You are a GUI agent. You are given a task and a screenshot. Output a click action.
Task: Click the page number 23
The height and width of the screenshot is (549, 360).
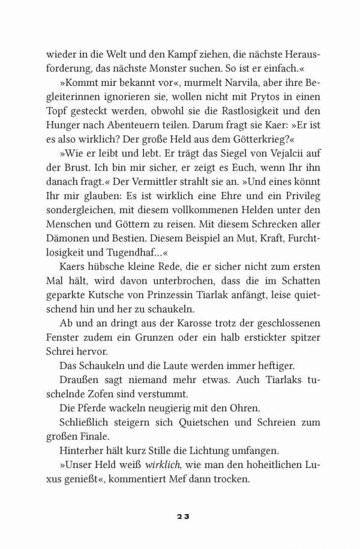pyautogui.click(x=181, y=516)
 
